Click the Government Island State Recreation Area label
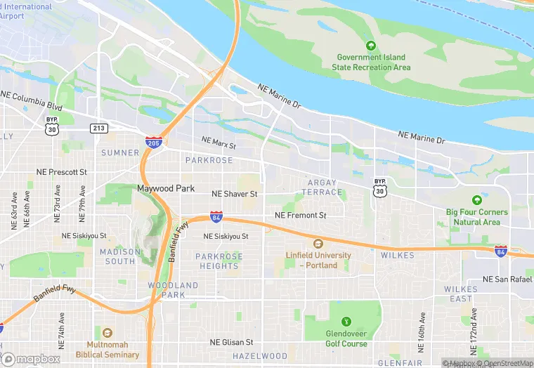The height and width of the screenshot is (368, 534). coord(372,62)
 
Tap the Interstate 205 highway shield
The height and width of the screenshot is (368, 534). coord(154,142)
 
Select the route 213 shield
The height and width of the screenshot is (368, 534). coord(98,128)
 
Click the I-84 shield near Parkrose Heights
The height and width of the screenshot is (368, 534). coord(217,218)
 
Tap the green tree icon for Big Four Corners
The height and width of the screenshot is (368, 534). coord(477,200)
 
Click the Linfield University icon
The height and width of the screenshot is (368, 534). coord(317,243)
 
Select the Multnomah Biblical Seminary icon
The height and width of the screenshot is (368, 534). coord(107,333)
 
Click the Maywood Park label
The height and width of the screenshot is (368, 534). coord(165,189)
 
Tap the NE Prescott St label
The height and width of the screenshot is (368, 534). coord(61,172)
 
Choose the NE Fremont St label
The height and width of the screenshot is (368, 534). coord(301,215)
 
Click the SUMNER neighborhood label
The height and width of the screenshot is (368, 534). coord(120,152)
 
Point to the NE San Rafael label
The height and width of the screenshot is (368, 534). coord(507,279)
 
